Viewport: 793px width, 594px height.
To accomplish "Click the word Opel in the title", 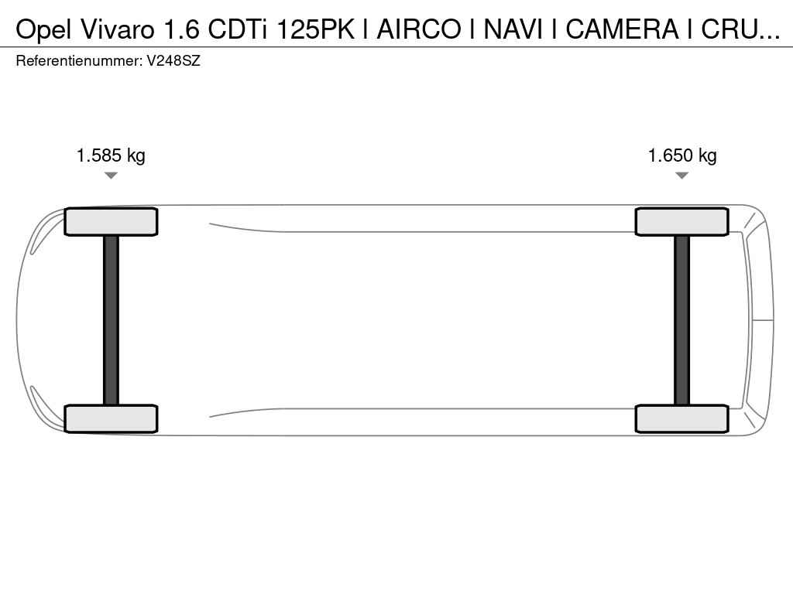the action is (x=44, y=30).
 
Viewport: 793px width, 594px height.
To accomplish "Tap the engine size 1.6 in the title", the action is (x=180, y=29).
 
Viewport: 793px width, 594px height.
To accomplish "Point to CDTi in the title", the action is (x=238, y=29).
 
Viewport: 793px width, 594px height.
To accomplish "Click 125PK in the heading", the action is (x=315, y=29).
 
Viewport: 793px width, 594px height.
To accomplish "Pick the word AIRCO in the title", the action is (x=419, y=29).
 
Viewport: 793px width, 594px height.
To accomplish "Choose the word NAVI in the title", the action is (x=513, y=29).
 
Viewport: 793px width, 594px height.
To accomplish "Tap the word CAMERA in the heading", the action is (x=622, y=29).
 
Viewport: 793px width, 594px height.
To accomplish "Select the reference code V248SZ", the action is (x=173, y=61).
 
